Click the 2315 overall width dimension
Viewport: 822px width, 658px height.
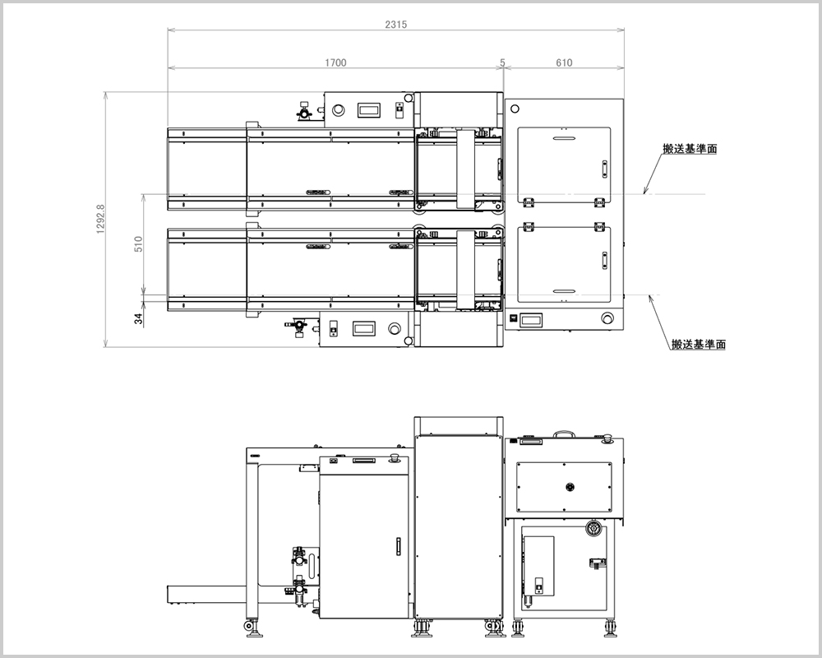coord(396,24)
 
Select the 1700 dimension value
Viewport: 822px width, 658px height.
coord(335,63)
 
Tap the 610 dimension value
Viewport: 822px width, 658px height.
coord(564,63)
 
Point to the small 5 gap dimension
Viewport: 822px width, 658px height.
coord(502,63)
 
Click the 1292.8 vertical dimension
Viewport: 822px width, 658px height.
coord(101,220)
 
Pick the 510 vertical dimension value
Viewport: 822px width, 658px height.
coord(138,244)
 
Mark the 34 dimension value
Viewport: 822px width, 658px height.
coord(138,318)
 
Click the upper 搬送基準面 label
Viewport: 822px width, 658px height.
coord(690,149)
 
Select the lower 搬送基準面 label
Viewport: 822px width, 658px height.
coord(699,345)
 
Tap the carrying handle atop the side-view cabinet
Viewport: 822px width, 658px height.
coord(564,433)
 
